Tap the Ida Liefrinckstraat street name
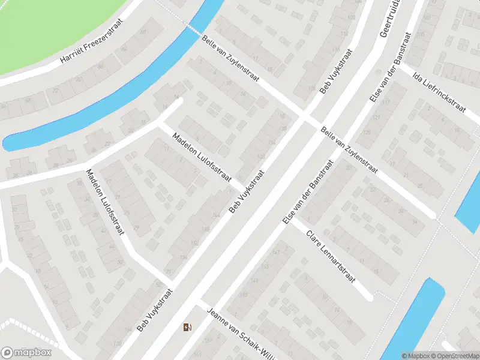tap(440, 90)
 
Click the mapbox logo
tap(26, 353)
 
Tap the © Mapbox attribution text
tap(415, 356)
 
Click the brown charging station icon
tap(187, 327)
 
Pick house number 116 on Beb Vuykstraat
tap(311, 88)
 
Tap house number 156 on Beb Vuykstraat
tap(182, 257)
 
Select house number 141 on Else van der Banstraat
tap(276, 253)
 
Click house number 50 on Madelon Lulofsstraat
tap(121, 262)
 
